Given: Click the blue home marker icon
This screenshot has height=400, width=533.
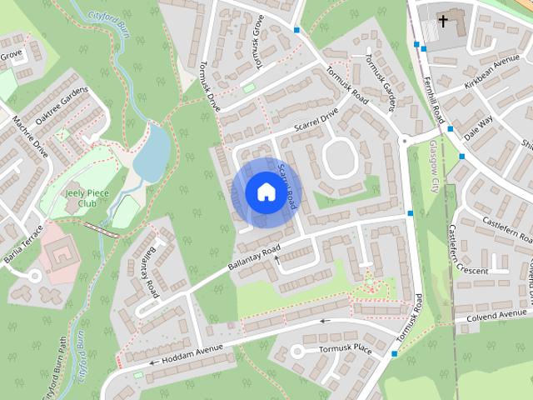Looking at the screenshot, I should pyautogui.click(x=265, y=192).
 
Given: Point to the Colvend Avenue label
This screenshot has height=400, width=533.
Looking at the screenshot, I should pyautogui.click(x=496, y=316).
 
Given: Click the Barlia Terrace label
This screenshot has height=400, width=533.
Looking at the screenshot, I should pyautogui.click(x=22, y=247).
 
